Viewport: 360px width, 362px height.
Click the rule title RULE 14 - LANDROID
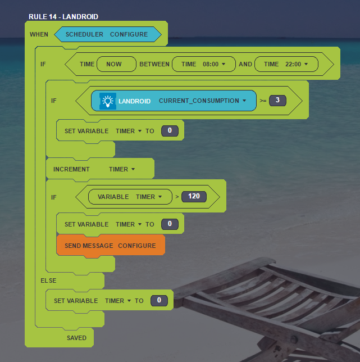63,17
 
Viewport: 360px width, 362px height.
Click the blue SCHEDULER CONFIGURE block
107,35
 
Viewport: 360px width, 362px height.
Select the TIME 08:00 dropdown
203,65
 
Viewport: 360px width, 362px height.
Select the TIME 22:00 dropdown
286,65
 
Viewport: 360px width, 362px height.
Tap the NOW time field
116,65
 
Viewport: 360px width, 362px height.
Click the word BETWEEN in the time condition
154,65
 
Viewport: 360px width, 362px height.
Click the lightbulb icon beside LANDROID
108,101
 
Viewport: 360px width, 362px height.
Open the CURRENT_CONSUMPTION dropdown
203,101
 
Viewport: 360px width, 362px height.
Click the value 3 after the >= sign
277,101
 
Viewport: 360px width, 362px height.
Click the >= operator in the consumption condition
263,101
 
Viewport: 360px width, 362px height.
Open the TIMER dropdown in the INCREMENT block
121,169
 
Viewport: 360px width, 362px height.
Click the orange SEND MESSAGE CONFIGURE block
110,246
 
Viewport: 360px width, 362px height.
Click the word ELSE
48,280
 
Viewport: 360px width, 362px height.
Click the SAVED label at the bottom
76,338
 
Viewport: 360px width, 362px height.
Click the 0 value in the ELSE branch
159,301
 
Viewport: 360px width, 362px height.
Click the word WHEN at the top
39,35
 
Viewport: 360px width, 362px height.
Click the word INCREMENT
71,169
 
